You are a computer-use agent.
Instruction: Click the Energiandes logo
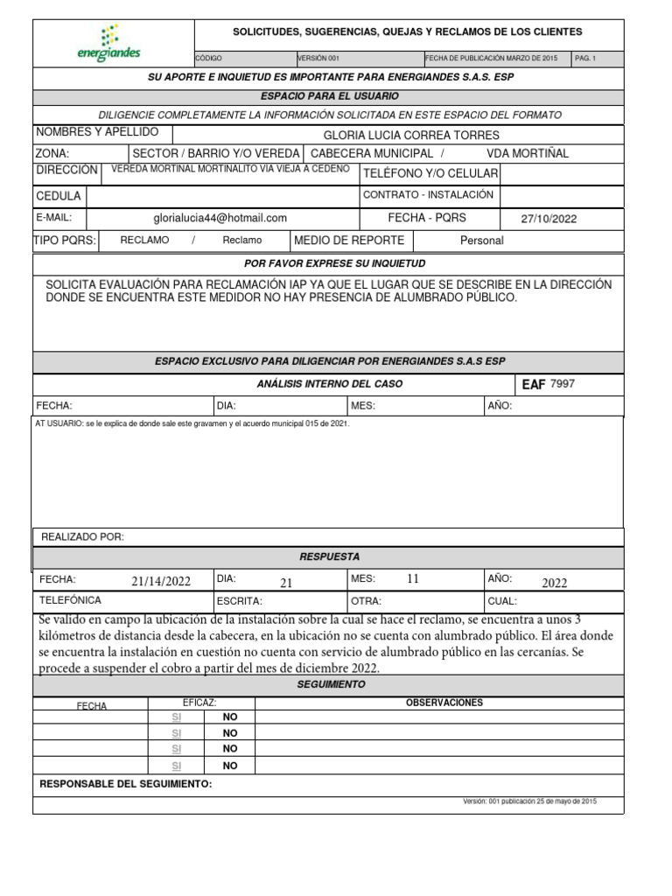tap(109, 44)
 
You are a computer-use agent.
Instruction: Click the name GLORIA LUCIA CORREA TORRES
tap(411, 135)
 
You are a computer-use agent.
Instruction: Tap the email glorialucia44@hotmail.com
tap(220, 218)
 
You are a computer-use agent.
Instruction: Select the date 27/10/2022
tap(549, 219)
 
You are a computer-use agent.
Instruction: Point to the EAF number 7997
tap(562, 383)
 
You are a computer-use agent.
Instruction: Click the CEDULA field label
tap(59, 196)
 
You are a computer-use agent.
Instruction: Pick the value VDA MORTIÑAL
tap(527, 153)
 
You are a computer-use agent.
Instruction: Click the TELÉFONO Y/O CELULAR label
tap(430, 173)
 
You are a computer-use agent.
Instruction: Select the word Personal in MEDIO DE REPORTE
tap(482, 240)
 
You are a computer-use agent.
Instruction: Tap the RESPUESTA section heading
tap(329, 556)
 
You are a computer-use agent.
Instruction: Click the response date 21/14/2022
tap(161, 581)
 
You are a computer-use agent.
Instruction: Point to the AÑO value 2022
tap(554, 583)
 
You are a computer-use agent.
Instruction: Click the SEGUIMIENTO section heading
tap(329, 684)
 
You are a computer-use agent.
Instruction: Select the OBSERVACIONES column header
tap(444, 703)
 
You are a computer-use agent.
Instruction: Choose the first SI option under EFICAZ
tap(176, 717)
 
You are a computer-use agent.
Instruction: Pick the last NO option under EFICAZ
tap(230, 765)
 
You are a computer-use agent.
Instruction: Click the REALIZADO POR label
tap(83, 536)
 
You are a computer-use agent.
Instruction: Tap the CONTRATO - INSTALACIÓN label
tap(428, 195)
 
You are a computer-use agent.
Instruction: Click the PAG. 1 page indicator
tap(584, 58)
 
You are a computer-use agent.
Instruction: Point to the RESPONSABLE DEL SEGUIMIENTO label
tap(126, 784)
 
